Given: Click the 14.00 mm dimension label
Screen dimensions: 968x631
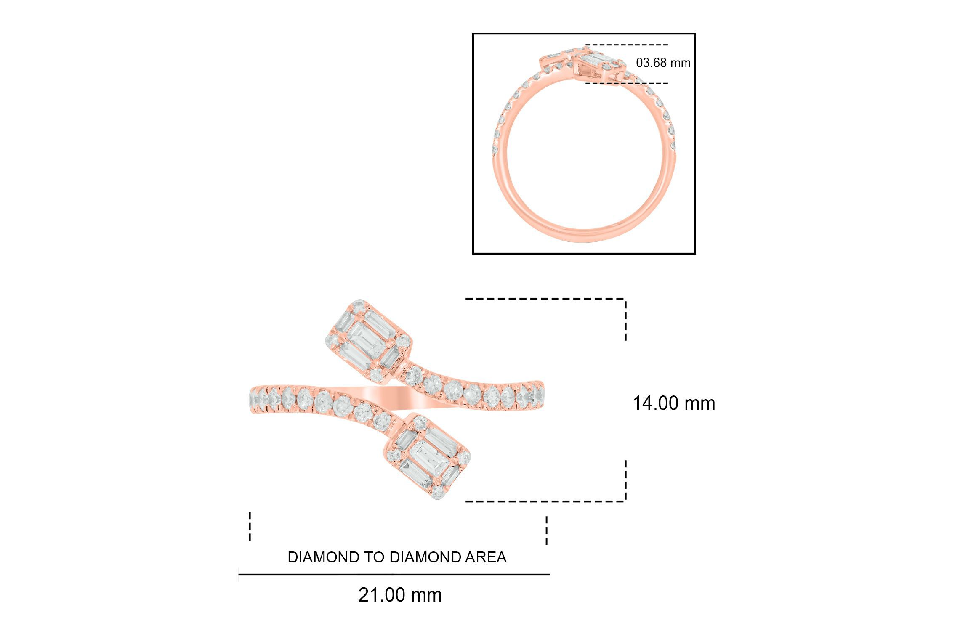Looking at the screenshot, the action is coord(674,403).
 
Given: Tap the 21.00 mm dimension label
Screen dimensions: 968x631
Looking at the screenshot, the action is coord(400,595).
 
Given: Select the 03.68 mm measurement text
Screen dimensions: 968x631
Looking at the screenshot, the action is coord(663,63).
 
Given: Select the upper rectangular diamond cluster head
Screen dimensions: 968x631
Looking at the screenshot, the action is coord(369,341).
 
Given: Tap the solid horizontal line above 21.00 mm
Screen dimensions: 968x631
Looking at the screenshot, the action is coord(394,574).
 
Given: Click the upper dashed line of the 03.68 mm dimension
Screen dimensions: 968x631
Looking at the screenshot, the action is coord(626,45).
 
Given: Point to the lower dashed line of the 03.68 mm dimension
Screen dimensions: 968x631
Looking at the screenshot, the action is coord(626,83).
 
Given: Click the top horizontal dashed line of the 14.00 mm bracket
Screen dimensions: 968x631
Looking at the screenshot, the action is coord(545,299).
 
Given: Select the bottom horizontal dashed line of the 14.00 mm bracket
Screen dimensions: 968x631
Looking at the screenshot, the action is coord(545,501).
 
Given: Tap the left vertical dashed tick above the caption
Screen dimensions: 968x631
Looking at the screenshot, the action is coord(250,526).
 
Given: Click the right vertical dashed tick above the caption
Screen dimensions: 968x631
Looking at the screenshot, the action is coord(547,530).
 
